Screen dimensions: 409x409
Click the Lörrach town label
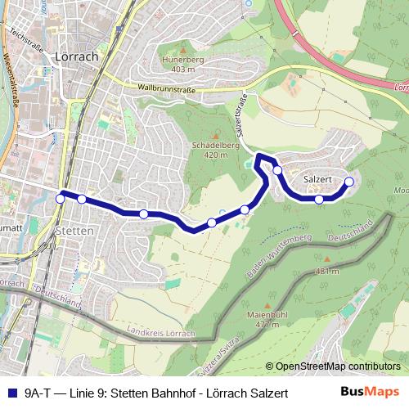(x=74, y=57)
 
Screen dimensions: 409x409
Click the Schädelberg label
(x=214, y=144)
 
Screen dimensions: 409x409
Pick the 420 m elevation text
(x=214, y=154)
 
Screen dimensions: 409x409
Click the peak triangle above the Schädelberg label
(x=215, y=135)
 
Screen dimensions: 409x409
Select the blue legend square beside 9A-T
(x=10, y=393)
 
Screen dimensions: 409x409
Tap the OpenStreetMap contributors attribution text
(x=334, y=367)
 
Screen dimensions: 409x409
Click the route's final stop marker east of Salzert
(x=349, y=182)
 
